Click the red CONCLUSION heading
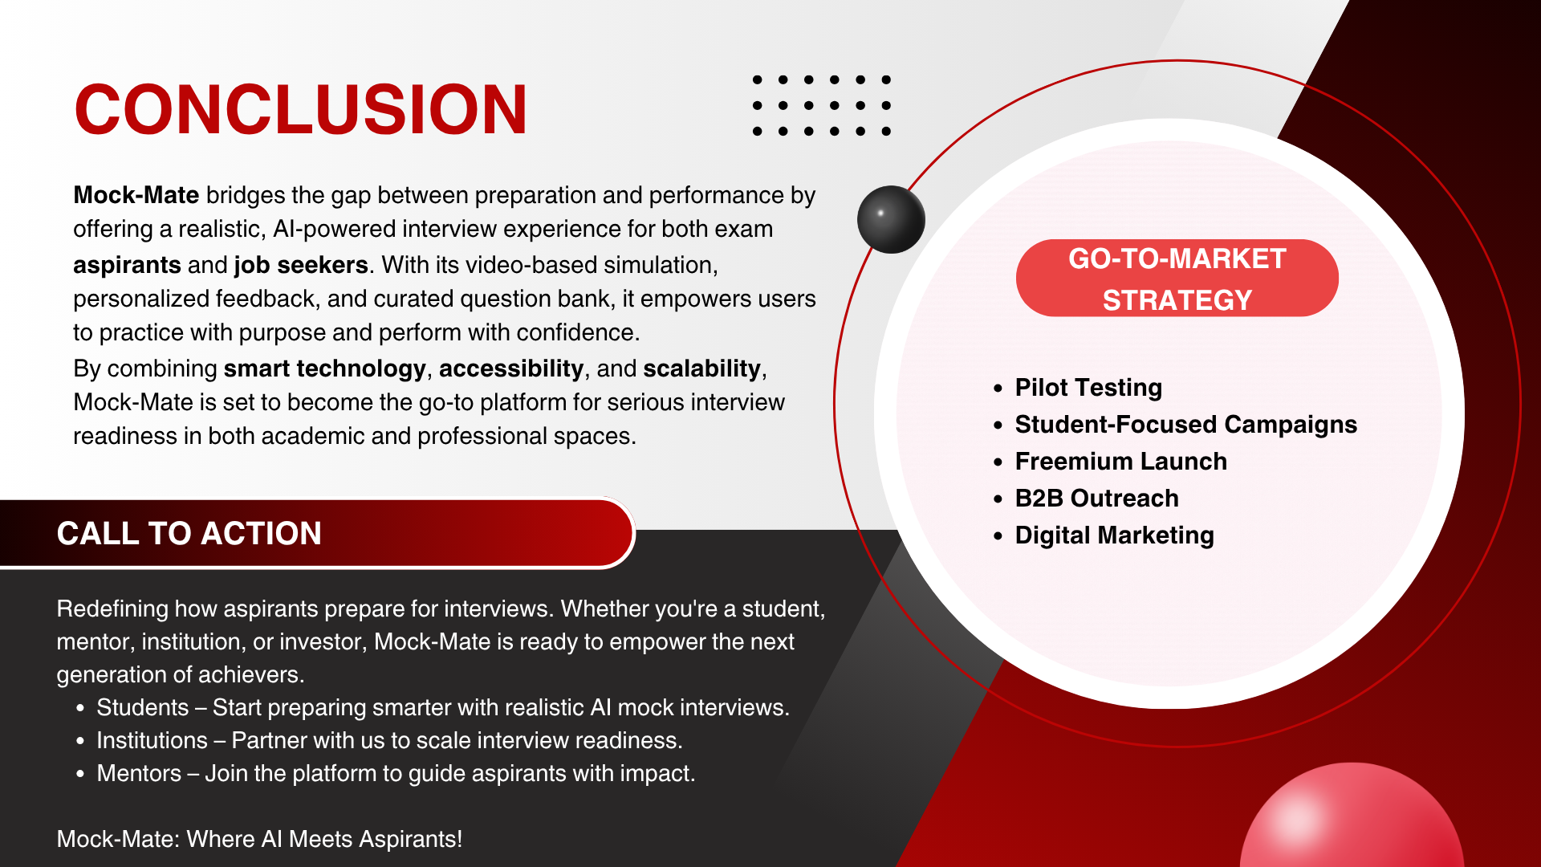(x=301, y=109)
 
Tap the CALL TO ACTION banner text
(x=189, y=534)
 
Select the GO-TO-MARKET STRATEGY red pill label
(x=1177, y=278)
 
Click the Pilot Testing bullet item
(x=1088, y=388)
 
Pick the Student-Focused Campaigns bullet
(x=1185, y=425)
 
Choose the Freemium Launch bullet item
(x=1120, y=462)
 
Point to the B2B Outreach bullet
(x=1096, y=499)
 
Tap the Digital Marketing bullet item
(x=1114, y=535)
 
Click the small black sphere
(x=891, y=219)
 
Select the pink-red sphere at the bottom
(x=1352, y=819)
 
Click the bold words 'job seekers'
(x=301, y=265)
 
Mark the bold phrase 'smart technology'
(x=324, y=368)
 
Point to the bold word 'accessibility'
(x=511, y=368)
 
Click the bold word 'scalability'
(x=701, y=368)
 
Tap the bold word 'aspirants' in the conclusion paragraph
(x=127, y=266)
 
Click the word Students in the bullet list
(x=143, y=707)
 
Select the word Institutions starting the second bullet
(x=152, y=740)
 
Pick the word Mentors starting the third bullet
(x=139, y=773)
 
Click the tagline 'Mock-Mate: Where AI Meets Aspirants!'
(x=259, y=839)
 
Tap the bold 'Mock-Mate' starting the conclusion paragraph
(x=136, y=195)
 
